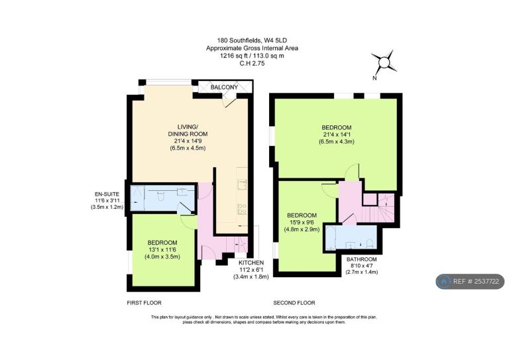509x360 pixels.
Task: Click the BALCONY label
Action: pyautogui.click(x=224, y=88)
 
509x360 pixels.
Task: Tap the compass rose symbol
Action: pyautogui.click(x=384, y=62)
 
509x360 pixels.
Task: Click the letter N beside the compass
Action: pyautogui.click(x=374, y=78)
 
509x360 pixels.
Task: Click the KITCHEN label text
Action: pyautogui.click(x=251, y=263)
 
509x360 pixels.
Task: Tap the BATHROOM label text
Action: pyautogui.click(x=362, y=259)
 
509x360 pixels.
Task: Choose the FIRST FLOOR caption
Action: pyautogui.click(x=144, y=303)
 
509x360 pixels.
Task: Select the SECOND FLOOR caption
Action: pyautogui.click(x=294, y=303)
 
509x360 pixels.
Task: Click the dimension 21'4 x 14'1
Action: pyautogui.click(x=337, y=135)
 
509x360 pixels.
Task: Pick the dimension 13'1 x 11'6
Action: pyautogui.click(x=162, y=250)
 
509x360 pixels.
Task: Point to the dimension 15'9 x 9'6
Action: pyautogui.click(x=302, y=222)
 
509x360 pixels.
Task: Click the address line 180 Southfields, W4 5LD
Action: pyautogui.click(x=252, y=40)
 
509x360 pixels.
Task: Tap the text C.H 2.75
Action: pyautogui.click(x=252, y=64)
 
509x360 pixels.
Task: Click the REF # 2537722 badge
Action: pyautogui.click(x=470, y=282)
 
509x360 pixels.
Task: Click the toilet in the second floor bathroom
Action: pyautogui.click(x=370, y=243)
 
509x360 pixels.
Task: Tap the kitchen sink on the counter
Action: pyautogui.click(x=241, y=184)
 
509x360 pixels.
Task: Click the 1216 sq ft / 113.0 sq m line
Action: pyautogui.click(x=252, y=56)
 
